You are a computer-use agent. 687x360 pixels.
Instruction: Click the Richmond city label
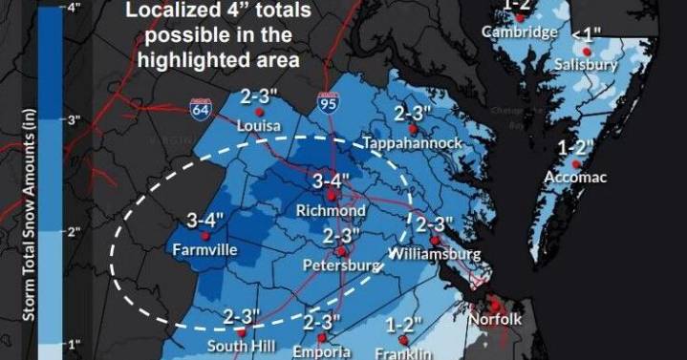pyautogui.click(x=332, y=210)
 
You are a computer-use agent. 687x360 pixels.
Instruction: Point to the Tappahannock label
pyautogui.click(x=413, y=142)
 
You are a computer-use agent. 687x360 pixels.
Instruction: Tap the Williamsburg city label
pyautogui.click(x=434, y=255)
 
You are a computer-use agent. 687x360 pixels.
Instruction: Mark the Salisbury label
pyautogui.click(x=587, y=65)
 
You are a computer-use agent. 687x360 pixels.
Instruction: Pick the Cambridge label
pyautogui.click(x=519, y=32)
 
